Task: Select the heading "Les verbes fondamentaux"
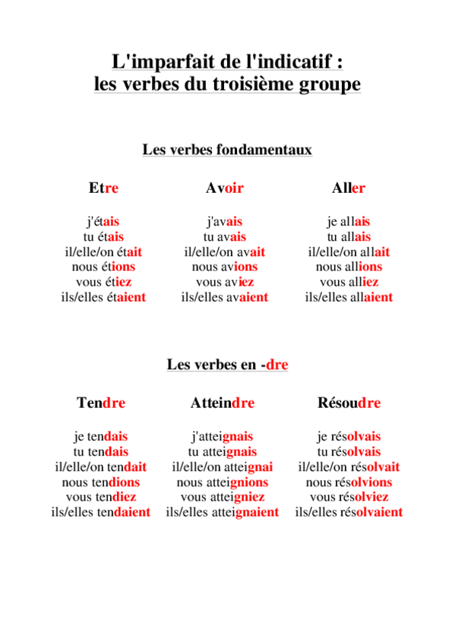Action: (227, 150)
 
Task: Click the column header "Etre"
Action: (103, 188)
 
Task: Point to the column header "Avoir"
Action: (224, 188)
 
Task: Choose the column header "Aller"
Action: (349, 188)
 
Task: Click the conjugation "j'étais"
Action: (103, 222)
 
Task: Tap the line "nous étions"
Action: (103, 267)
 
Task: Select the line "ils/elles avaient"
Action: (224, 297)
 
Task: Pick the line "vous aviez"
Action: (224, 282)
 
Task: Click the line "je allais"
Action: (349, 222)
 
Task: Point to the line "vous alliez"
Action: (349, 282)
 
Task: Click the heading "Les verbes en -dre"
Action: (227, 365)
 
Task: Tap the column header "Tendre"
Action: (101, 403)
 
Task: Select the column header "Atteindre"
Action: (222, 403)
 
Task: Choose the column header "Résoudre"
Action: (349, 403)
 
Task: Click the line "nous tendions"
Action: (101, 481)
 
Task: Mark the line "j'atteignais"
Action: (222, 437)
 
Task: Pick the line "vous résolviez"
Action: (349, 497)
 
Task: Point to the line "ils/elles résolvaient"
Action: (349, 512)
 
